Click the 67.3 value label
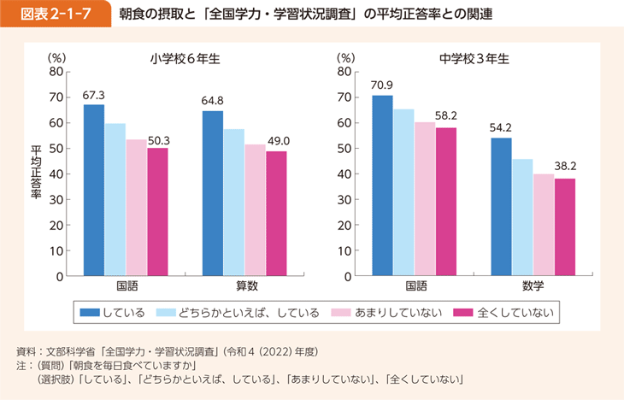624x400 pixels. (94, 95)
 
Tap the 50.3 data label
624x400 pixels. (158, 139)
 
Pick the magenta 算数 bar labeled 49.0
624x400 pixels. (276, 214)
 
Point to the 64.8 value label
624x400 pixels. (213, 102)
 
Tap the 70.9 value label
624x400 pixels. (382, 85)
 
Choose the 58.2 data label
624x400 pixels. (446, 115)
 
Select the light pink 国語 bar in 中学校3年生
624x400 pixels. (425, 199)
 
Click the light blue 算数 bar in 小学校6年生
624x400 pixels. (233, 203)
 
